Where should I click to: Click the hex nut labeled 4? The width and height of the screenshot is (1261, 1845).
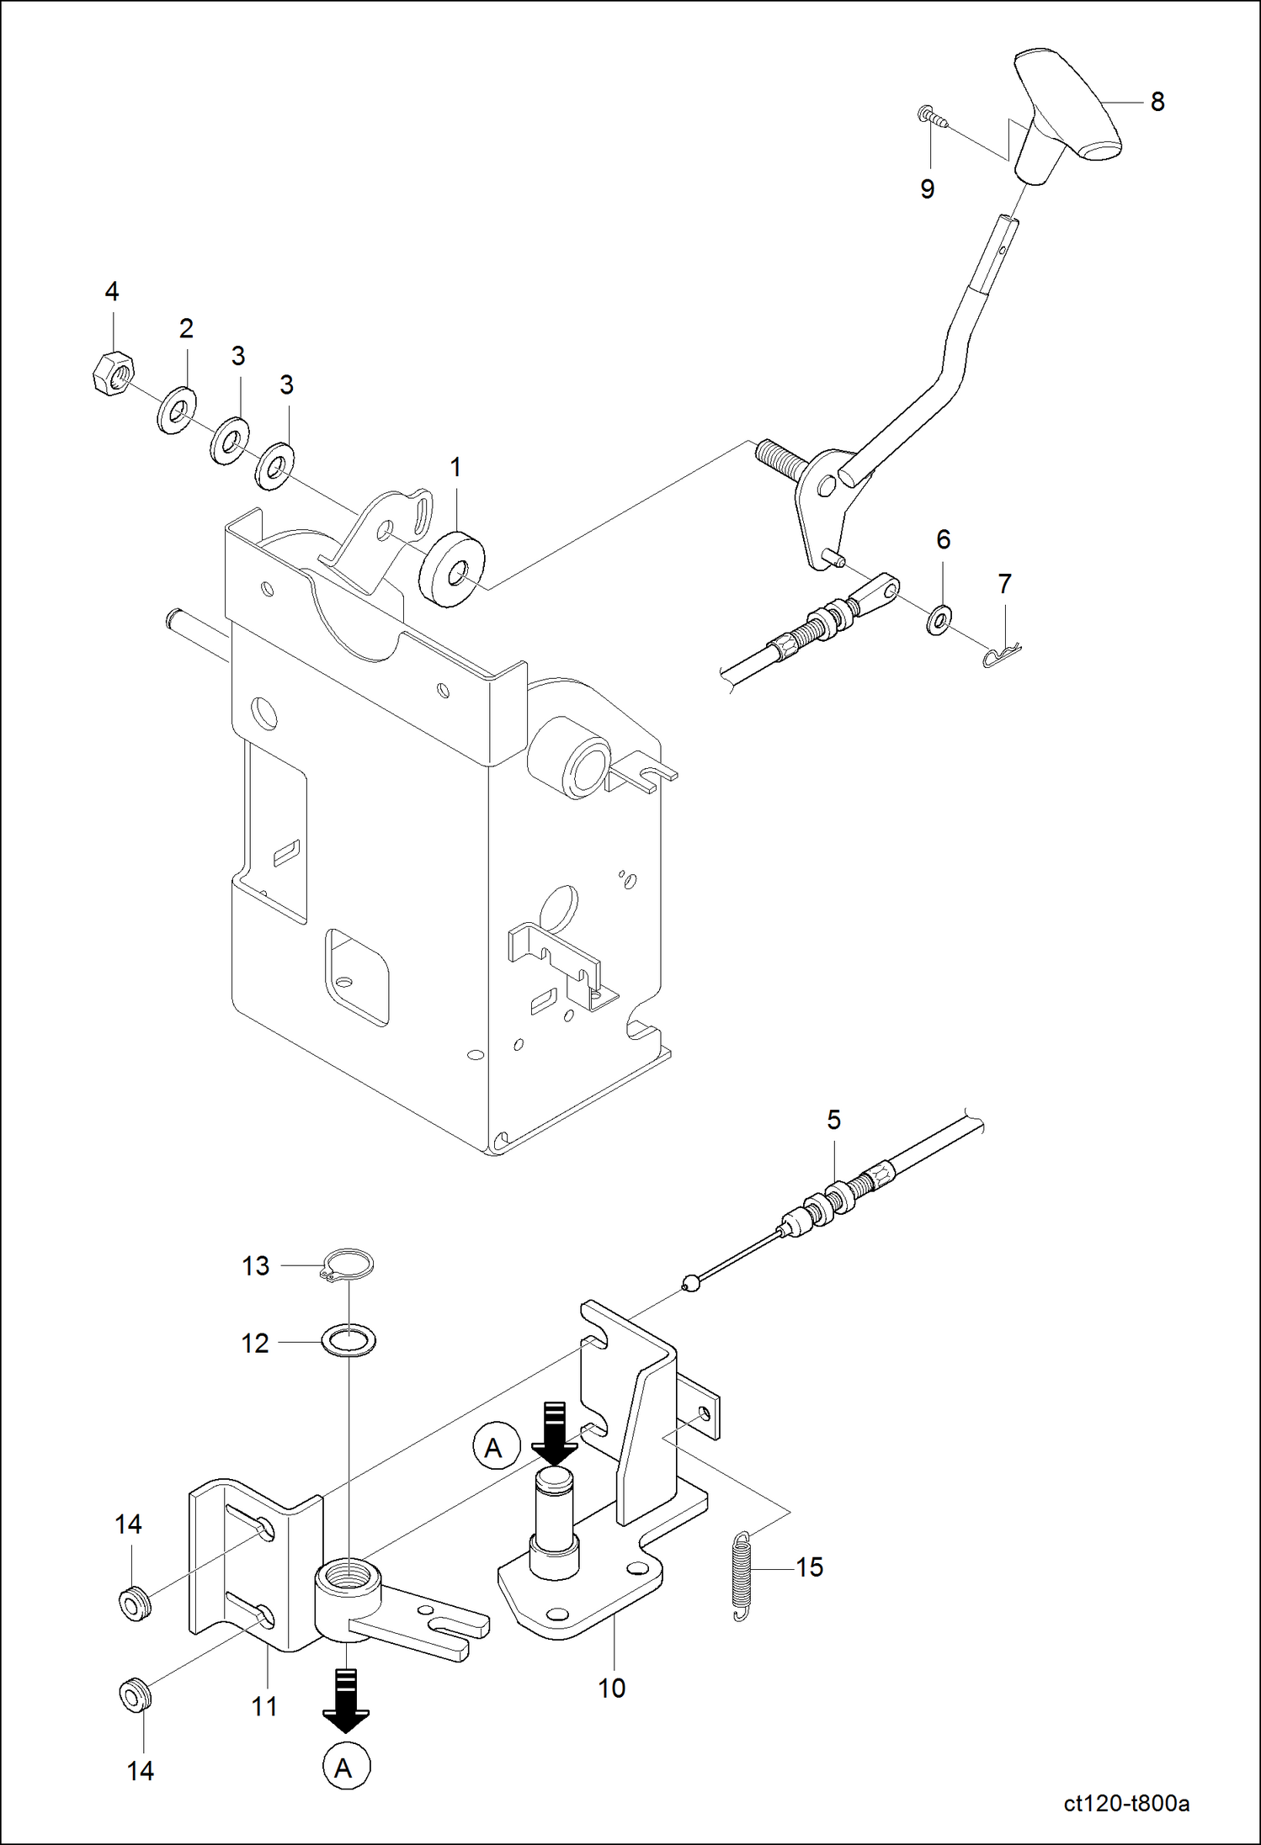[112, 374]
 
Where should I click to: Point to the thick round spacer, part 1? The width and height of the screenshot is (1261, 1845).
[452, 570]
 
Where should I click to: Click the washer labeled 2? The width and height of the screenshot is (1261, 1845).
[177, 411]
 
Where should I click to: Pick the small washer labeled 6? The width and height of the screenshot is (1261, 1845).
[939, 620]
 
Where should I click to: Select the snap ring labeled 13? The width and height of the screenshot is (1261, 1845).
[349, 1264]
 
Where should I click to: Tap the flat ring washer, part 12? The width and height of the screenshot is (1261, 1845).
[349, 1339]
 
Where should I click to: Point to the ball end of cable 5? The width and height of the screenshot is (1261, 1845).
[690, 1283]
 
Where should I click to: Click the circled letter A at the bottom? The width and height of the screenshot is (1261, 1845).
[346, 1768]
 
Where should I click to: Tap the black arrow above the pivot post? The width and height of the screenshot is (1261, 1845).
[555, 1433]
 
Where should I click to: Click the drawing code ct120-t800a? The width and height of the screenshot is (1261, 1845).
[1125, 1803]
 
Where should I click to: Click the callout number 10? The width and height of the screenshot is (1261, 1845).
[611, 1688]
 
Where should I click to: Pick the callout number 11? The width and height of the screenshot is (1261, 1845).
[264, 1706]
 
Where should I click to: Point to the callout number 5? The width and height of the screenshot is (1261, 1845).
[833, 1120]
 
